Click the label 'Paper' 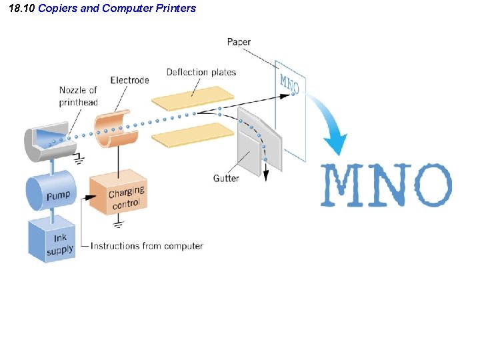(239, 42)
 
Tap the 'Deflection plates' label (201, 72)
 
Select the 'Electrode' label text (129, 81)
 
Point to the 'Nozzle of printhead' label (78, 96)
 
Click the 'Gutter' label (227, 178)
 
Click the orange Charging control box (119, 193)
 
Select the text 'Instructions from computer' (147, 246)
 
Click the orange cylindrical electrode (116, 132)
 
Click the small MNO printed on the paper (289, 84)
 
